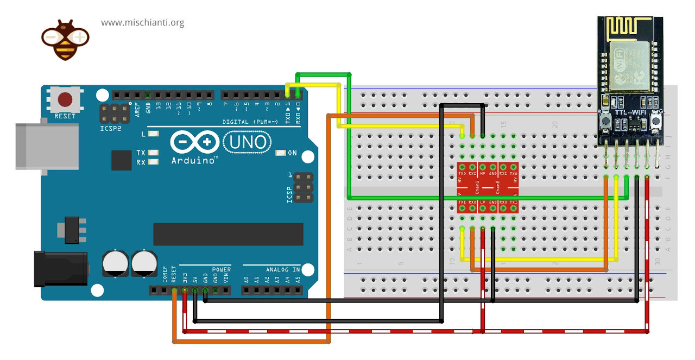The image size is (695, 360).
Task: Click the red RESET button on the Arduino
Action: click(66, 100)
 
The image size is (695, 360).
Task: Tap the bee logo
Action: click(66, 40)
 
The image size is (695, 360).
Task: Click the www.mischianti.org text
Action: click(142, 23)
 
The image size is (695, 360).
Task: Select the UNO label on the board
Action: click(248, 142)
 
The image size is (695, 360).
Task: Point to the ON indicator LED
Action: click(281, 153)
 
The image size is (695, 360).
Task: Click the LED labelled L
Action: click(154, 134)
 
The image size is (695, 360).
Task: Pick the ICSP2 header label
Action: click(110, 129)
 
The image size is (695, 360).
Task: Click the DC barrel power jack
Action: click(60, 268)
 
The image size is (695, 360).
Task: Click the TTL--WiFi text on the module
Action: click(630, 112)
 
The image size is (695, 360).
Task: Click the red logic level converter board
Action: click(488, 187)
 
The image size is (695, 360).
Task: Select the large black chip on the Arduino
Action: click(228, 234)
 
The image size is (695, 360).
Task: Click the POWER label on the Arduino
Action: click(221, 269)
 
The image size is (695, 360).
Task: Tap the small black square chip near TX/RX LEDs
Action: click(122, 160)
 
